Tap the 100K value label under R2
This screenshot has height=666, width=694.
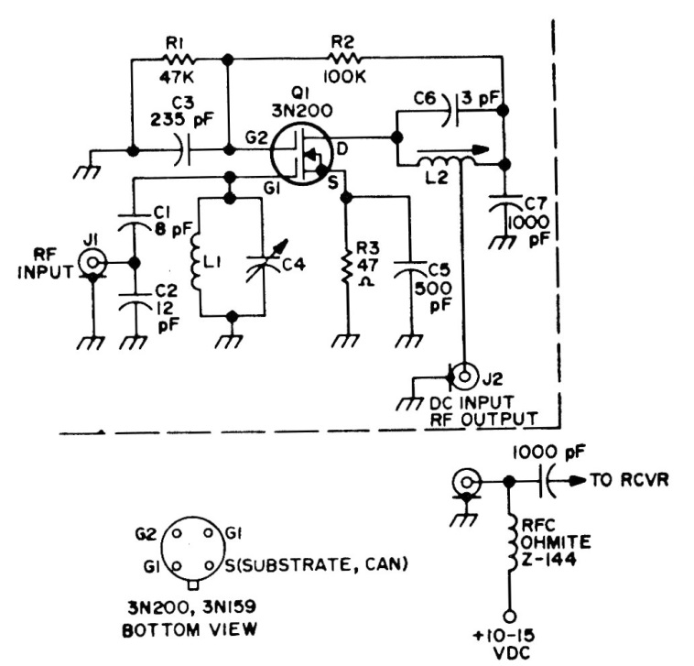click(345, 77)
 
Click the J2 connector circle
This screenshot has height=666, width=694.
click(466, 375)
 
